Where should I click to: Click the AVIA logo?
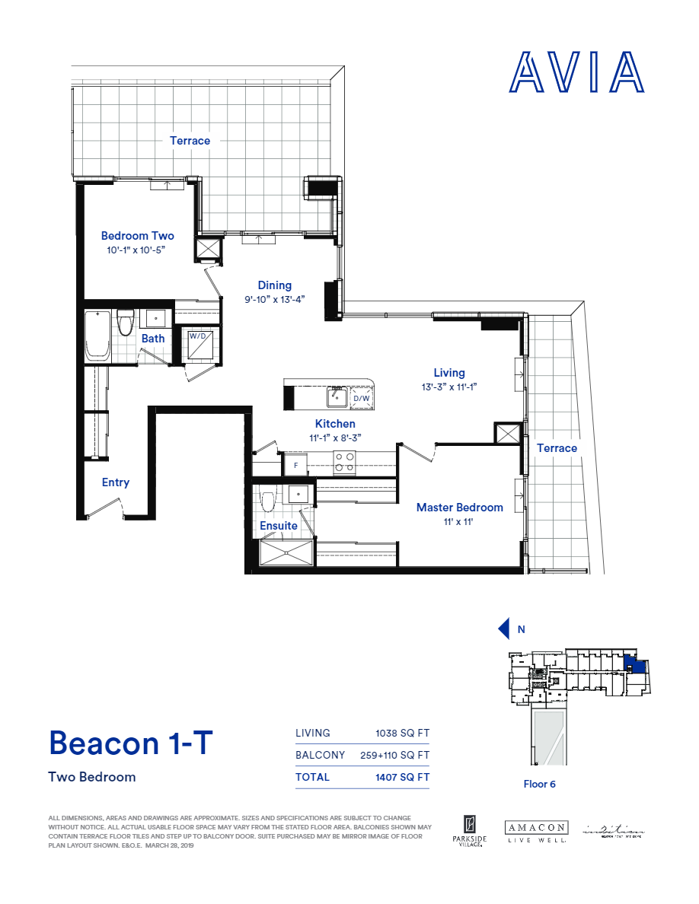click(576, 73)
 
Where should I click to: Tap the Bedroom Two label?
click(137, 236)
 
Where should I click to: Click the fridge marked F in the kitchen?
click(295, 464)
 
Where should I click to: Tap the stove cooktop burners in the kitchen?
click(345, 463)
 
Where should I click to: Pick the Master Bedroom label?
click(459, 508)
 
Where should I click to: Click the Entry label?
click(116, 482)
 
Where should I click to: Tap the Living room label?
click(449, 373)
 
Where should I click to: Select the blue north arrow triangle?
click(503, 629)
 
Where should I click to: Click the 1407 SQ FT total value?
click(402, 777)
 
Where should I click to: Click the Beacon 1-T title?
click(131, 742)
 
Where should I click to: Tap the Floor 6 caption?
click(539, 784)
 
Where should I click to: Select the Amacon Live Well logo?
click(536, 831)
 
